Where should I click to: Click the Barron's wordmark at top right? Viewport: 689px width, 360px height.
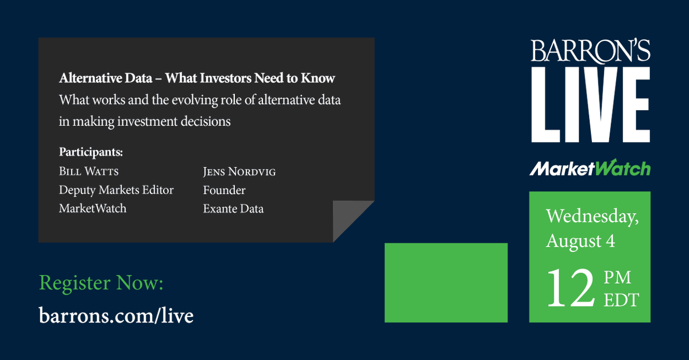(x=590, y=51)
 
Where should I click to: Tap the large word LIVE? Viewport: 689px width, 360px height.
(x=590, y=104)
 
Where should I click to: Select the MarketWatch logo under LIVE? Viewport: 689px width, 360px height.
(x=590, y=168)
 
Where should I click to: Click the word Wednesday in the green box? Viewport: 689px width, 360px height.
(x=592, y=216)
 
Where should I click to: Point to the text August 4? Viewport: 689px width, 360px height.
(x=580, y=241)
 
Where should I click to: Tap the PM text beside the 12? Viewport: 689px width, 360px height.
(x=617, y=278)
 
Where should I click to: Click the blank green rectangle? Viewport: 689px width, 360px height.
(x=446, y=282)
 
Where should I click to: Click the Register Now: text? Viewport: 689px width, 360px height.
(x=101, y=283)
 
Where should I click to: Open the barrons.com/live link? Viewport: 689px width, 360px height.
(x=116, y=315)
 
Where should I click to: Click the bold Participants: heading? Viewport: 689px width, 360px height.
(x=91, y=153)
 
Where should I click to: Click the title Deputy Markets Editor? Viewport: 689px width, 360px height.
(x=116, y=190)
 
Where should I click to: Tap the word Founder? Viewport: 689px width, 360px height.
(x=224, y=190)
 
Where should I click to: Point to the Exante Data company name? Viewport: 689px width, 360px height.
(x=233, y=209)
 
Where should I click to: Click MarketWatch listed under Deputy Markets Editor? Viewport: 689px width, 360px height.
(x=92, y=208)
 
